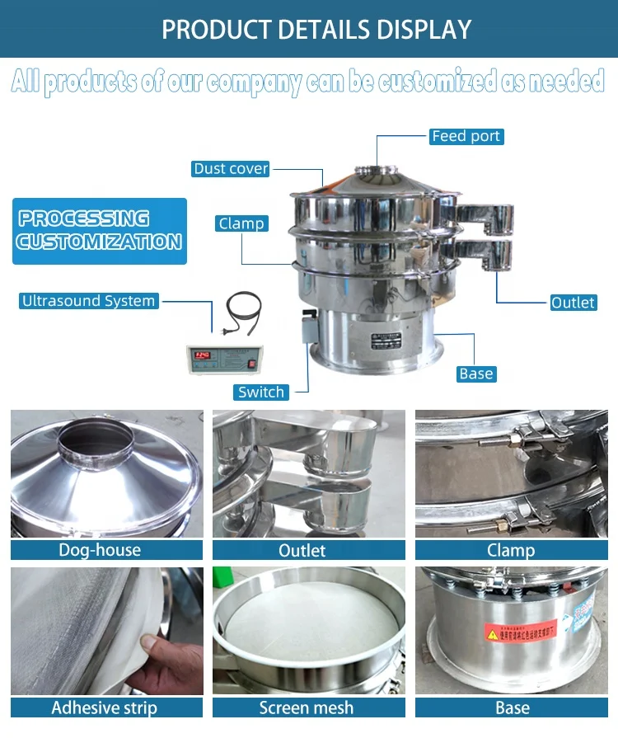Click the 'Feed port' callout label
click(x=466, y=136)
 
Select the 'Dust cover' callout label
click(x=231, y=168)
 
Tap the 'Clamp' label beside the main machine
click(x=241, y=223)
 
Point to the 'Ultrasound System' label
click(x=88, y=301)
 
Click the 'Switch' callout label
click(x=261, y=392)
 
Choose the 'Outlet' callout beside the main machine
click(x=573, y=303)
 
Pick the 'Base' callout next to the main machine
click(x=475, y=374)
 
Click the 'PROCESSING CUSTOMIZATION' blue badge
click(x=100, y=230)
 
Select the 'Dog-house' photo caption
click(x=100, y=550)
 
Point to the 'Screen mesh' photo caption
click(x=307, y=707)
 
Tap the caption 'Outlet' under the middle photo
click(x=302, y=550)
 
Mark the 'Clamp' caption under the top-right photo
click(x=511, y=550)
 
